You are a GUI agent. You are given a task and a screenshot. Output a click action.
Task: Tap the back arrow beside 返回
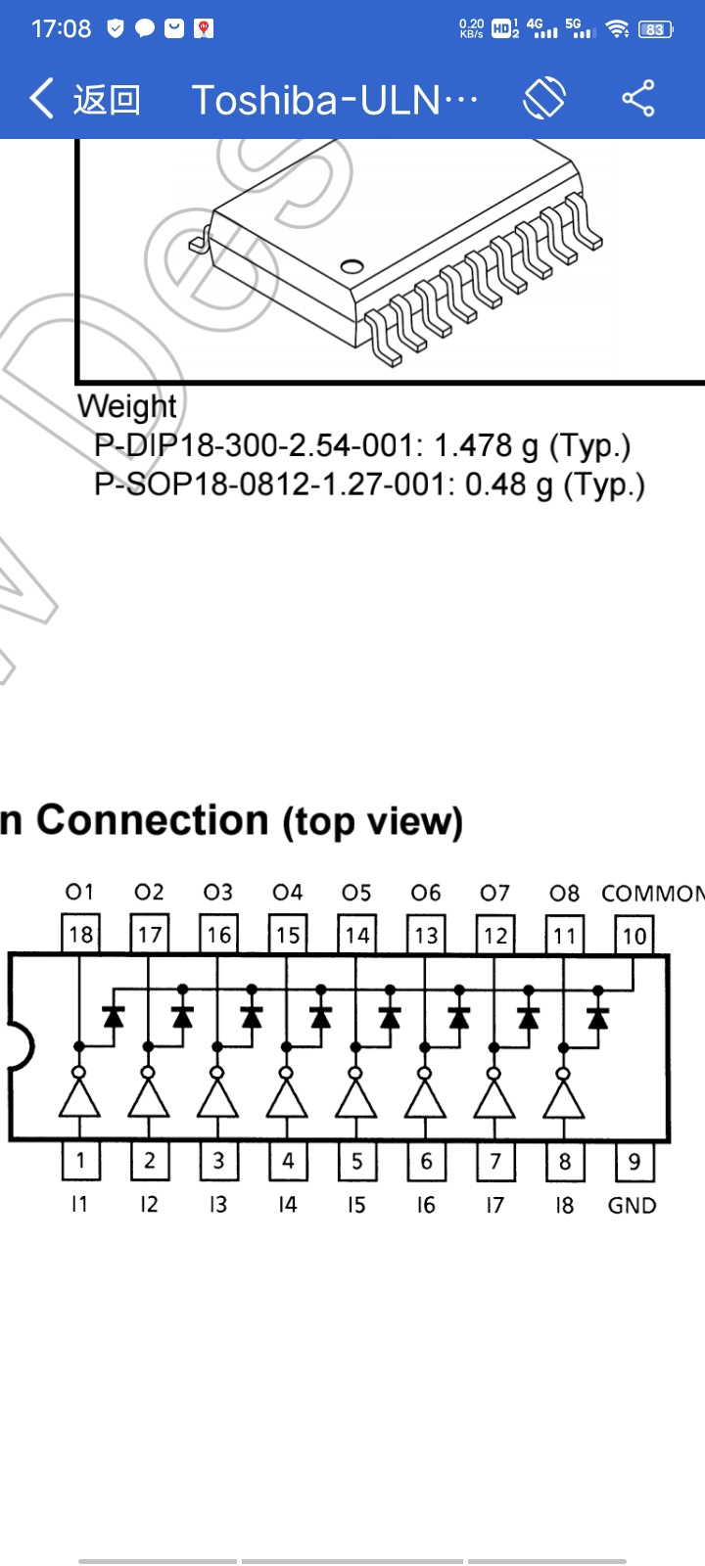[41, 99]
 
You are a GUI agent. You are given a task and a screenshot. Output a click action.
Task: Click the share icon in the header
[638, 99]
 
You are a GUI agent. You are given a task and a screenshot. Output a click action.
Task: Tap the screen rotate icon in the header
[544, 99]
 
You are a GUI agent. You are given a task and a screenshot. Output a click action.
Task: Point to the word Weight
[127, 406]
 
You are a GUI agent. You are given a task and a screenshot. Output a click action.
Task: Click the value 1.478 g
[486, 446]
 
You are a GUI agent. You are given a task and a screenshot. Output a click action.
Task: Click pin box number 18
[80, 935]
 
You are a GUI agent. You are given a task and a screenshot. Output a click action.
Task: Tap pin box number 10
[634, 935]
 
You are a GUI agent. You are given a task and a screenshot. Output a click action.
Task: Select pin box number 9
[634, 1162]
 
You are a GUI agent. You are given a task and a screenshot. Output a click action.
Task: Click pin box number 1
[80, 1162]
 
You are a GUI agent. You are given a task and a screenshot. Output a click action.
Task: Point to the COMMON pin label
[652, 894]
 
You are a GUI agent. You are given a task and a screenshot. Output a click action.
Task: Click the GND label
[632, 1206]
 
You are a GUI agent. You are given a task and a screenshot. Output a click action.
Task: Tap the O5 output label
[356, 893]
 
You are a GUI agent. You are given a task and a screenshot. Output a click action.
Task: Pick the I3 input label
[217, 1205]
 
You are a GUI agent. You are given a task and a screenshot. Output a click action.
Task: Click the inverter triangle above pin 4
[287, 1098]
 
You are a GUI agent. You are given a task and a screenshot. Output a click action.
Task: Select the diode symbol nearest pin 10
[597, 1018]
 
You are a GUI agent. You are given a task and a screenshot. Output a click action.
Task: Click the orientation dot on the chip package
[351, 266]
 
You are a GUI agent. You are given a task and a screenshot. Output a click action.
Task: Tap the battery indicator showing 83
[655, 29]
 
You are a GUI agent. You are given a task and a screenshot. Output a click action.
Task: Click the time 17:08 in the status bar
[61, 29]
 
